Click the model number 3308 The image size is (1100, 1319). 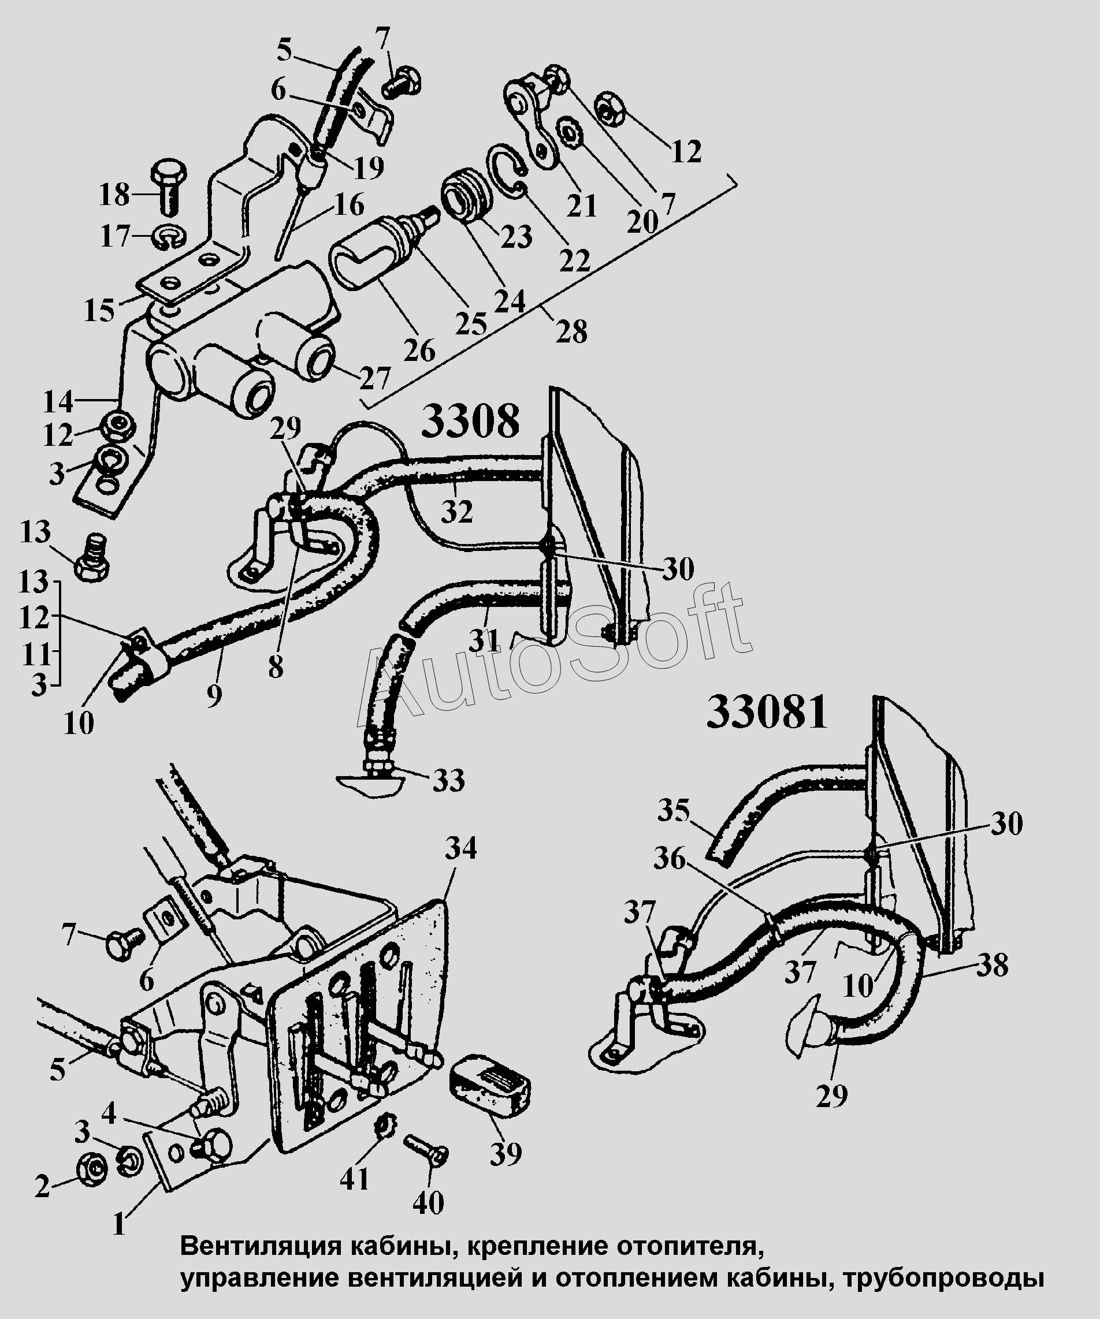coord(470,422)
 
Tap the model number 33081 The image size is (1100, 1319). coord(767,714)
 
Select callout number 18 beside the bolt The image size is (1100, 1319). coord(114,195)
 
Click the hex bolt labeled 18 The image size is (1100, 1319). coord(166,187)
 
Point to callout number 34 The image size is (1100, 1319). coord(461,848)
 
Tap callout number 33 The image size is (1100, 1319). coord(448,781)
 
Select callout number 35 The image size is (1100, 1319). coord(674,811)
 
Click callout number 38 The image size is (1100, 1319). coord(992,966)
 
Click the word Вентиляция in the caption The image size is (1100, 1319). coord(258,1245)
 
